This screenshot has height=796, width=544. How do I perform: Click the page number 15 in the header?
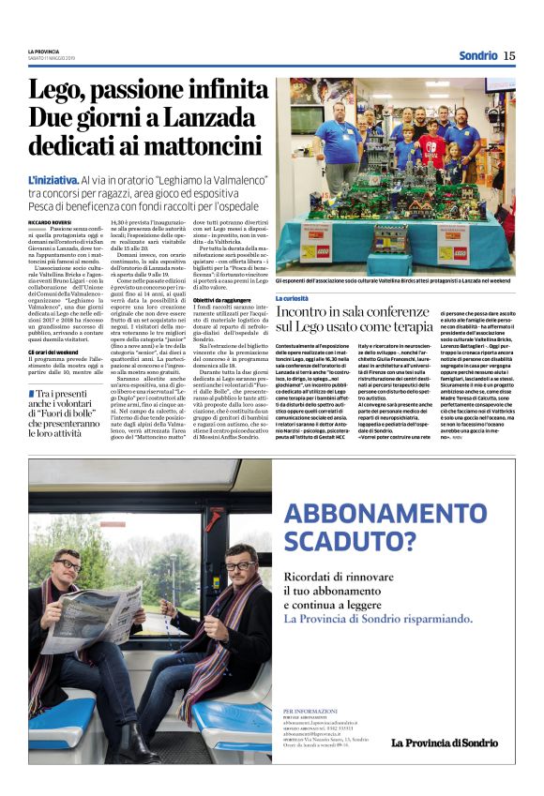click(x=509, y=55)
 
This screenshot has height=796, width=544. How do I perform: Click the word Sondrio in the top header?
click(x=477, y=55)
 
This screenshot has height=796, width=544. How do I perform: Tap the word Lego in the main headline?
click(x=53, y=91)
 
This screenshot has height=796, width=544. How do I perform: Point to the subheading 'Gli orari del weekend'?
click(x=55, y=353)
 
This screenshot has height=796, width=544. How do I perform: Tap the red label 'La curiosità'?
click(x=294, y=298)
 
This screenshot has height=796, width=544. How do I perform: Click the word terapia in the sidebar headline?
click(x=404, y=326)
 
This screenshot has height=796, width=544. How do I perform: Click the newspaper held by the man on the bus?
click(x=91, y=621)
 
